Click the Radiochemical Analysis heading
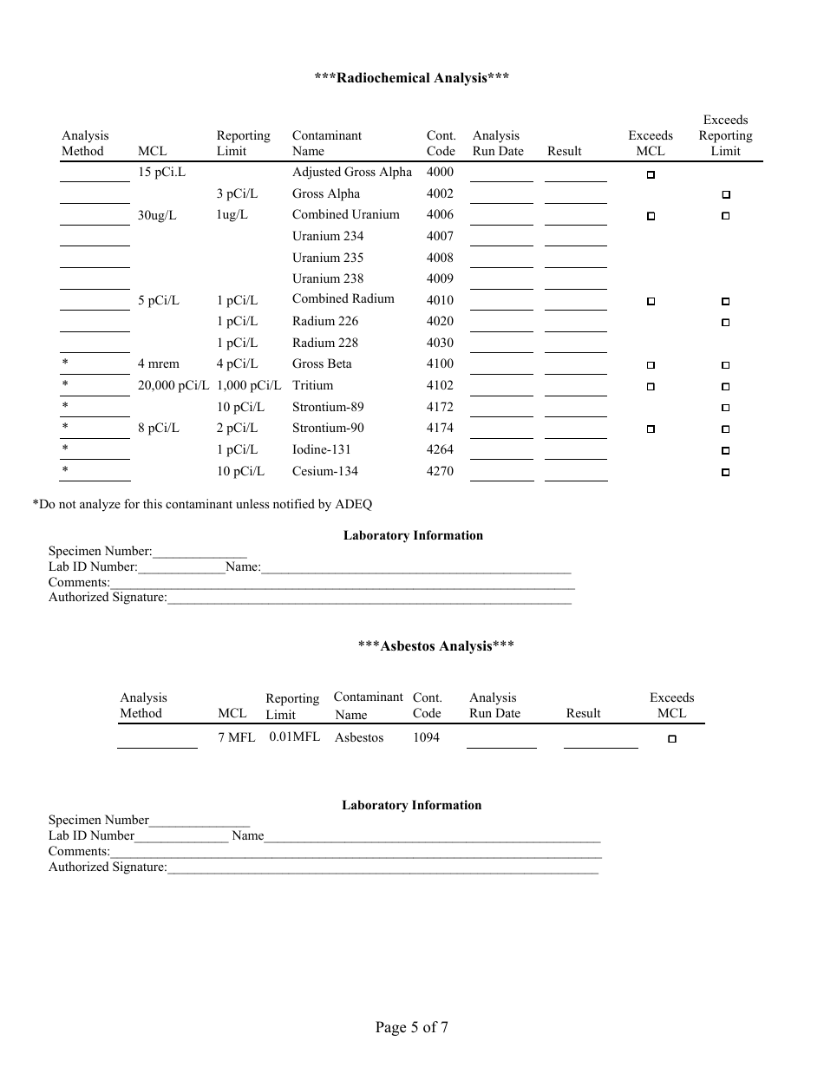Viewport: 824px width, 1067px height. click(x=411, y=78)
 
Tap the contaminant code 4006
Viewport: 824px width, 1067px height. click(x=440, y=215)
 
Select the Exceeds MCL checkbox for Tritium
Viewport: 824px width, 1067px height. click(x=651, y=387)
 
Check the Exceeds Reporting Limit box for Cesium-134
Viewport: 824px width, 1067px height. click(x=726, y=473)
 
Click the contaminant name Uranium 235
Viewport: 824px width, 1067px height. click(x=328, y=258)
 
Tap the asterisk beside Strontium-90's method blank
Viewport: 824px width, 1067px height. click(x=65, y=428)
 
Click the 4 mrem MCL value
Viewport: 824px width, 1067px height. click(x=159, y=364)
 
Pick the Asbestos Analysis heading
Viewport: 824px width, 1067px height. click(x=436, y=646)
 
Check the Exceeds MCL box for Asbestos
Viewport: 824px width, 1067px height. click(x=672, y=739)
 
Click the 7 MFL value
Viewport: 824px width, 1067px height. click(x=237, y=737)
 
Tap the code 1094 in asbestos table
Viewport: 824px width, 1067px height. click(x=426, y=737)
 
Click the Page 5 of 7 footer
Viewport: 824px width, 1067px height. click(x=412, y=1028)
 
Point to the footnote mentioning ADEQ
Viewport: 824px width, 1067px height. click(x=202, y=504)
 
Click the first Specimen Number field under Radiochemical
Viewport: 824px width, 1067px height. click(x=199, y=552)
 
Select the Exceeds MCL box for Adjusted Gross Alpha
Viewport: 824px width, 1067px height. click(x=651, y=174)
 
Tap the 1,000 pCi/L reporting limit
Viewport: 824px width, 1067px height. click(x=249, y=385)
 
